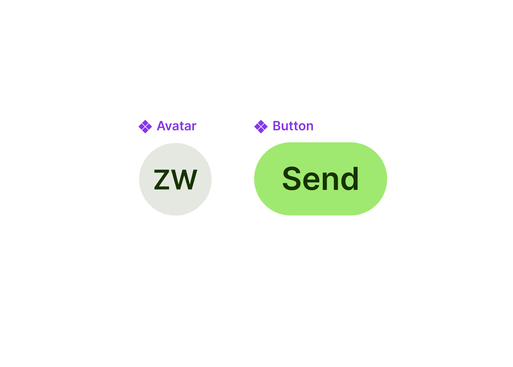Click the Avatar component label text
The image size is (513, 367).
pos(176,126)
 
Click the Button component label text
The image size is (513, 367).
pos(293,126)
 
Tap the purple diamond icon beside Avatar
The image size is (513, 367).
pos(145,126)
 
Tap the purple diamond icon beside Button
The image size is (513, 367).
pos(261,126)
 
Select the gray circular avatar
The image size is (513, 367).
pos(175,179)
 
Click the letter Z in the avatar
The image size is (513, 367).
pos(162,179)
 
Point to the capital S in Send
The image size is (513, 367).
pos(292,178)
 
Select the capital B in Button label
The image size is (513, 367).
pos(277,126)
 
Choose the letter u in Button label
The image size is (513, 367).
pos(286,127)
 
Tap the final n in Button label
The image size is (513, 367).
pos(310,127)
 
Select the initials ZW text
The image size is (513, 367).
pos(176,179)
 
